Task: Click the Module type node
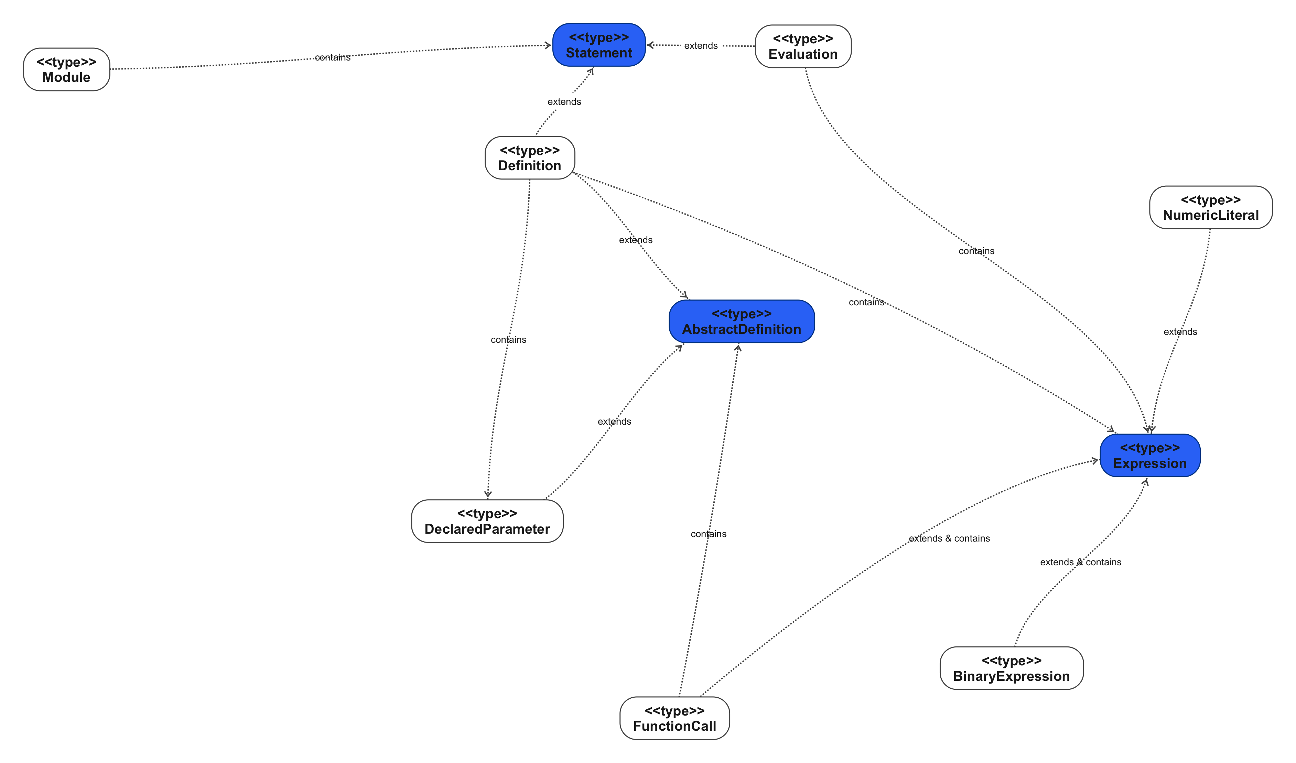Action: [66, 70]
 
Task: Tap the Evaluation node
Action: [803, 47]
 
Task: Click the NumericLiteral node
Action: [1211, 208]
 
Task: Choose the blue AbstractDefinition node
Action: [741, 322]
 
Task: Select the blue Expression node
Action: [1150, 456]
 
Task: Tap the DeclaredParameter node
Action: [487, 521]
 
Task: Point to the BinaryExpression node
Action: [1011, 668]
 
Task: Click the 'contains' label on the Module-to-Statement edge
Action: [333, 57]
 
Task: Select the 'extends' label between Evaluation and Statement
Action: [701, 46]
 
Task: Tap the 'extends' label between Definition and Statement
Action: [564, 102]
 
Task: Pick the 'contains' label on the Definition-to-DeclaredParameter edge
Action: [508, 340]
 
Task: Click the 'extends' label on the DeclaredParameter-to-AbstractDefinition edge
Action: [614, 422]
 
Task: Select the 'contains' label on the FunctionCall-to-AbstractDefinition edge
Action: [708, 534]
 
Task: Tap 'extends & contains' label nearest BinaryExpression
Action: [1080, 563]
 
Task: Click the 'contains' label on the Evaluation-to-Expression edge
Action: [976, 251]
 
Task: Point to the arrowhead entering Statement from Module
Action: [548, 46]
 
